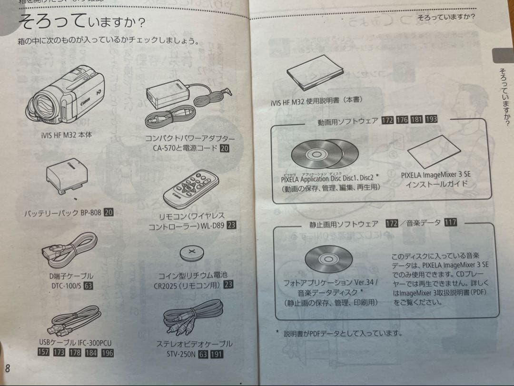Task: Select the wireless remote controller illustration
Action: [191, 188]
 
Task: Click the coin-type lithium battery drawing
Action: [192, 252]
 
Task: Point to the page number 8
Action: [8, 368]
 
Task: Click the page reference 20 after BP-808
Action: [109, 213]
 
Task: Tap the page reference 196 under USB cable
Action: [107, 353]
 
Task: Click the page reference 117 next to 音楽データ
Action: [450, 222]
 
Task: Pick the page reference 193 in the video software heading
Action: [432, 119]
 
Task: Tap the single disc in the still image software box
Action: [328, 259]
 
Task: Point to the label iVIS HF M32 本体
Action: [67, 135]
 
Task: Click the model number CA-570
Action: [167, 148]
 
